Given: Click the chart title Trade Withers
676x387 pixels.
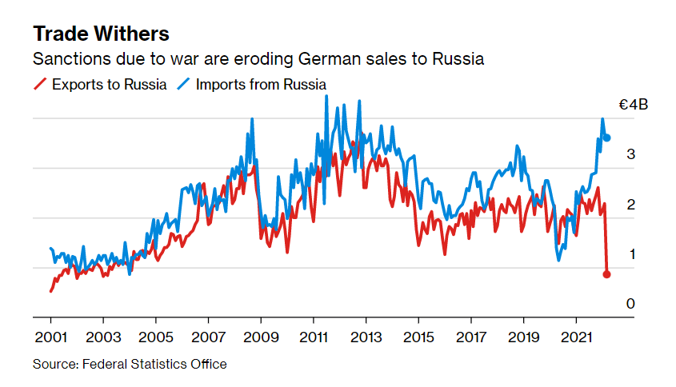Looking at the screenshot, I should (x=100, y=34).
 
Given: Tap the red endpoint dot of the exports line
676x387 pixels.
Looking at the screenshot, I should (x=606, y=274).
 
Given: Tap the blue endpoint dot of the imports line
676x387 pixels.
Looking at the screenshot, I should (x=606, y=138).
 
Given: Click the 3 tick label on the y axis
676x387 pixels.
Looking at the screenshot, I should (x=630, y=154).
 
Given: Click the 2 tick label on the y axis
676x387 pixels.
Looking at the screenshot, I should (x=630, y=205).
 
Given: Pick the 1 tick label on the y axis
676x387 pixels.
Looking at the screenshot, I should (x=630, y=254).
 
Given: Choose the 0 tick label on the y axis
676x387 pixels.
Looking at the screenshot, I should (x=630, y=304).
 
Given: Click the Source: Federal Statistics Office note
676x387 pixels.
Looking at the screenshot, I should (x=130, y=365).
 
